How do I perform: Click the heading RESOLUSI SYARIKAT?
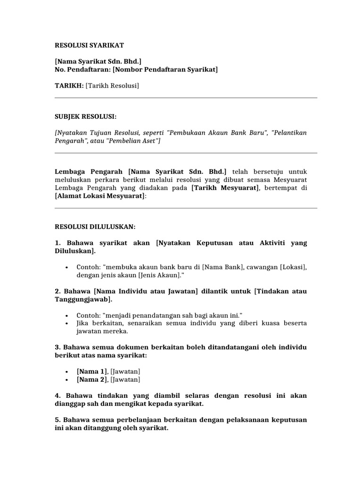pos(89,46)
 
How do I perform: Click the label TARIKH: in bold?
pos(69,86)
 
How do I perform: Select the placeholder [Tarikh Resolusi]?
pos(112,86)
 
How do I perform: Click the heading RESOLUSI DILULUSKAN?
pos(95,227)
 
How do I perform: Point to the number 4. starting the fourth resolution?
pos(58,396)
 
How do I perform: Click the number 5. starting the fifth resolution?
pos(58,420)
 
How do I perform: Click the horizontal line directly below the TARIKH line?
pos(186,98)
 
